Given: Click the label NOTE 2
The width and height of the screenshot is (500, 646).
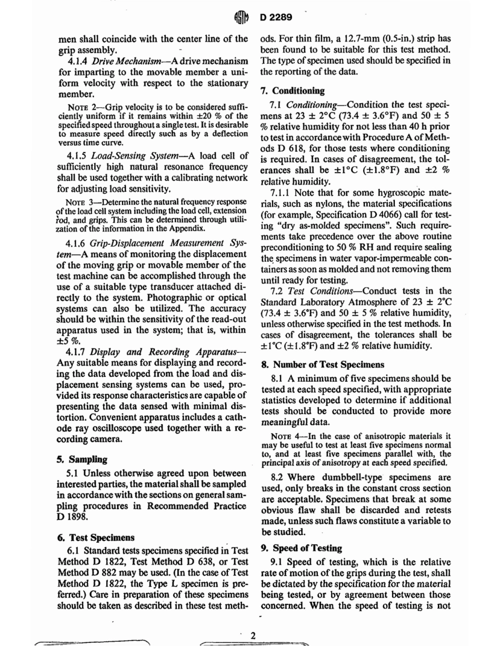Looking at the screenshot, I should click(x=81, y=108).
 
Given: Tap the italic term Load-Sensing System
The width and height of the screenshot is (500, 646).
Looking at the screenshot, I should click(x=132, y=156).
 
